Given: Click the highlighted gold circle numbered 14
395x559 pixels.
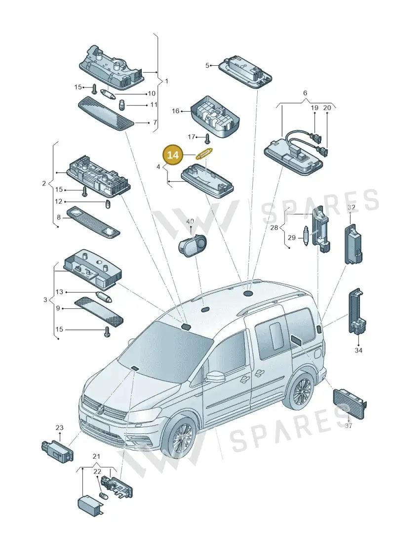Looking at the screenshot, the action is click(x=173, y=155).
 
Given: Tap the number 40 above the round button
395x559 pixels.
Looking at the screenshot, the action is click(x=190, y=222).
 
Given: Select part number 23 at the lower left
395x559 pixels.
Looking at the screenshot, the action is click(x=59, y=428).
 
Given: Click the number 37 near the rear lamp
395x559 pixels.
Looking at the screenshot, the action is click(x=349, y=426).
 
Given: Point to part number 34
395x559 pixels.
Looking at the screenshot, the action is click(x=358, y=350).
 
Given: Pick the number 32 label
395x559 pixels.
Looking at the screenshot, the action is click(x=351, y=208).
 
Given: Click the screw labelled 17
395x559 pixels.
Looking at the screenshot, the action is click(x=207, y=137).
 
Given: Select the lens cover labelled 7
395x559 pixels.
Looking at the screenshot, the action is click(x=106, y=113).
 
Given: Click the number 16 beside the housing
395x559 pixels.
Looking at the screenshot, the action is click(x=176, y=111).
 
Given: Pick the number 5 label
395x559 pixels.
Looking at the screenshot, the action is click(x=207, y=66).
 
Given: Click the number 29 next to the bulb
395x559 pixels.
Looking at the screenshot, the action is click(x=292, y=237).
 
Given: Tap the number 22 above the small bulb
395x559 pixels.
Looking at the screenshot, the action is click(x=97, y=472).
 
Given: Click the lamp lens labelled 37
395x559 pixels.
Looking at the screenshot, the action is click(x=350, y=404).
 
